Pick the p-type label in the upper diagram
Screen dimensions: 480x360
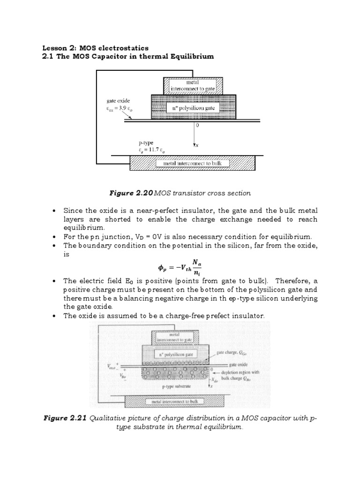143,142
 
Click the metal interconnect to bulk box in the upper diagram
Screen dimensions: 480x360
193,163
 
